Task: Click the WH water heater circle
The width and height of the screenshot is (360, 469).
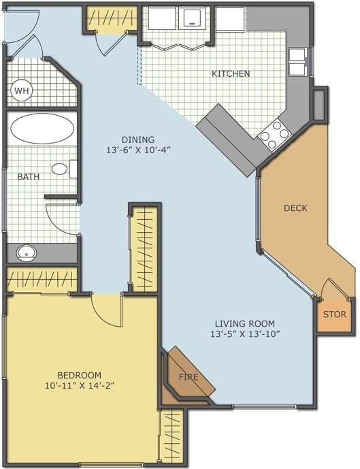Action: pos(22,91)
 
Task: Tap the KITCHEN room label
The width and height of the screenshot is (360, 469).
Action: pos(231,74)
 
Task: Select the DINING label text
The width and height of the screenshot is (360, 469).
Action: pos(138,140)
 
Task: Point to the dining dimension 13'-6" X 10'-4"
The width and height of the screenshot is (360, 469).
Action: pos(138,150)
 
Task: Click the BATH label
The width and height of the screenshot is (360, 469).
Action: pos(29,176)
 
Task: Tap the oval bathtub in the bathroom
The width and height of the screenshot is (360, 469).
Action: pos(42,129)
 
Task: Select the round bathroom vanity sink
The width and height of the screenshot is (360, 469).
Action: pos(27,253)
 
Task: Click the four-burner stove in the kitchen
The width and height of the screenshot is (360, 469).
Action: pos(274,134)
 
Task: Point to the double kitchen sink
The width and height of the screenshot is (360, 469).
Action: pos(297,62)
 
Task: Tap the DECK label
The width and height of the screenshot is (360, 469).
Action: pos(295,208)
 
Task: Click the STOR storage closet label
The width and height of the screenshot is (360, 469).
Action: pos(335,314)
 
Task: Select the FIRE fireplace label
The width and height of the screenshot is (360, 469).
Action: pos(189,377)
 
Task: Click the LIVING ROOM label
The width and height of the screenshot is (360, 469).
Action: pos(245,323)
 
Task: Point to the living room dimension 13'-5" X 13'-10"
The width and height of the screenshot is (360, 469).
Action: pos(245,334)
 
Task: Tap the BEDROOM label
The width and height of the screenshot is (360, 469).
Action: pos(79,375)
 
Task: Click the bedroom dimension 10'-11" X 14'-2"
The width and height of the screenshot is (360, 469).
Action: pos(80,385)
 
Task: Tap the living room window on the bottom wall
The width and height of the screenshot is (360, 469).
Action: pos(265,406)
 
